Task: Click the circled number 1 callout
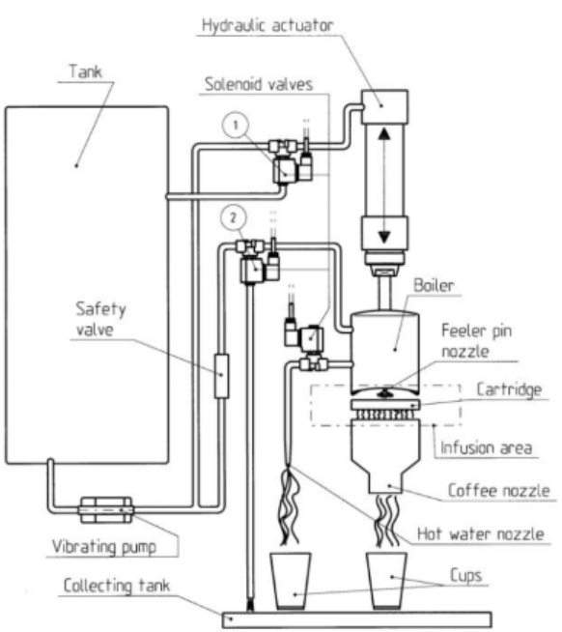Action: [236, 125]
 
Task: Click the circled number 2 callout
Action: [234, 217]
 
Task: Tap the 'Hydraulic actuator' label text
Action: [267, 25]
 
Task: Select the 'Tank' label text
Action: [85, 72]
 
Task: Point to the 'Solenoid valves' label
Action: [259, 84]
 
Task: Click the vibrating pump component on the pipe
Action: [106, 510]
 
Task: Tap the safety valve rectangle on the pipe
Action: [221, 376]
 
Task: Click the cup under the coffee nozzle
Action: [386, 580]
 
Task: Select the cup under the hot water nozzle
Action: [290, 581]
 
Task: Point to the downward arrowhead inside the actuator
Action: [384, 237]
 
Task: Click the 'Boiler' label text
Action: [434, 285]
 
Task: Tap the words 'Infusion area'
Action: [486, 447]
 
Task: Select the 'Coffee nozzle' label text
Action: [498, 491]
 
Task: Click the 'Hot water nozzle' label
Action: [481, 533]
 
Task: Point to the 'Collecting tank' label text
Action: [117, 586]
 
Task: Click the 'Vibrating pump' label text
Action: [104, 547]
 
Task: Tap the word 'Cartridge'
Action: [509, 389]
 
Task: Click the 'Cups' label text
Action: [465, 575]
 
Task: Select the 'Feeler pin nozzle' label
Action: [477, 341]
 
